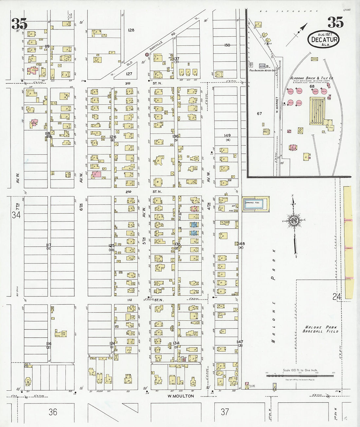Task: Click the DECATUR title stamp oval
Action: (323, 40)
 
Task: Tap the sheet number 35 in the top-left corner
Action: (19, 24)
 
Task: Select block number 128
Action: (131, 30)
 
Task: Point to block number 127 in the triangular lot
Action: (129, 74)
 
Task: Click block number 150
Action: (227, 45)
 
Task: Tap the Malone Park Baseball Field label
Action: (320, 329)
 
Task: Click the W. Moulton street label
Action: (181, 396)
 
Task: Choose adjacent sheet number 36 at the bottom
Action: (53, 412)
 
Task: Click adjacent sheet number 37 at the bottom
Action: (225, 412)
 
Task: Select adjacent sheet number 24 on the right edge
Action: (337, 297)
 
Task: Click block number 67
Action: (259, 114)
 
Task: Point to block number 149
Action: (227, 135)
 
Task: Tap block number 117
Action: (49, 245)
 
